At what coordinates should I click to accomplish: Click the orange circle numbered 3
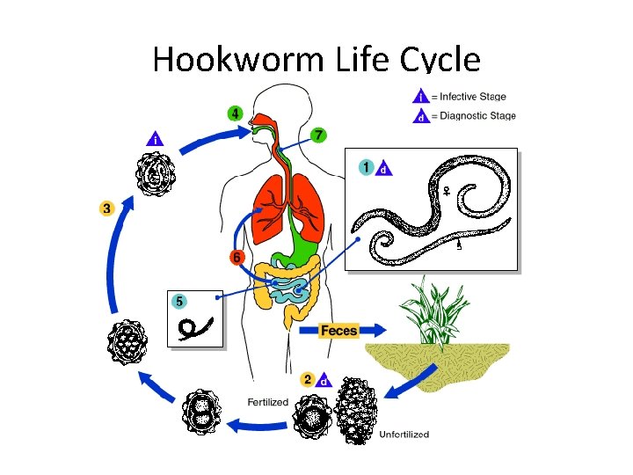click(106, 208)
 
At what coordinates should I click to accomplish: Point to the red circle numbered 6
click(236, 258)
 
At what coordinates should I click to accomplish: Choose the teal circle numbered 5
click(179, 301)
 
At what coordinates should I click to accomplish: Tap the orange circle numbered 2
click(307, 380)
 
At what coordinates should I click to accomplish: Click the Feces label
click(338, 331)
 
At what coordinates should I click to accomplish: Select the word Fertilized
click(267, 402)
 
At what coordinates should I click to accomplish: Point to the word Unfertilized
click(404, 434)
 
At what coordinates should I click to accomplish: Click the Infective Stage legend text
click(472, 97)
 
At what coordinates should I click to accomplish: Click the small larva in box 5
click(194, 328)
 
